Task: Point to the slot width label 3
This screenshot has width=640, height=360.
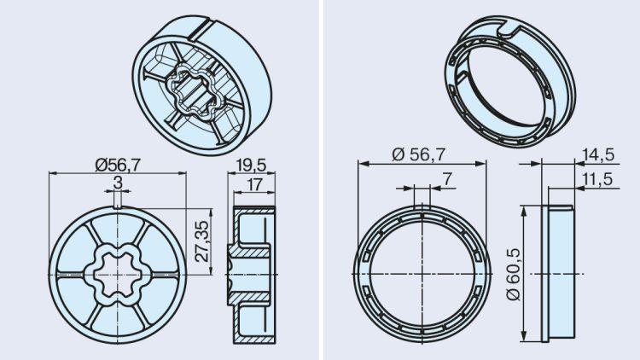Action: click(117, 183)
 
